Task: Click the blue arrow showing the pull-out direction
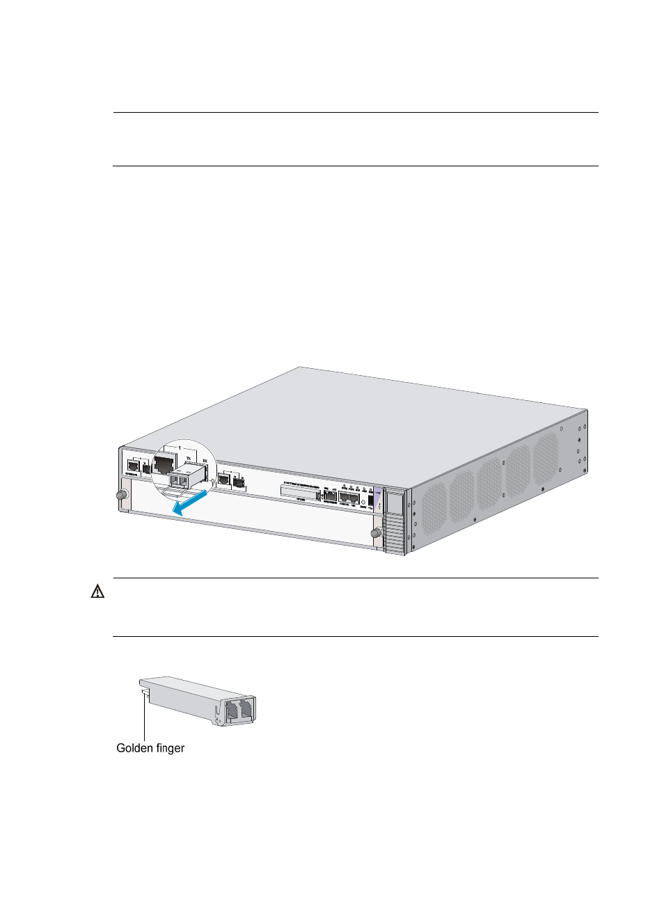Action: click(x=189, y=503)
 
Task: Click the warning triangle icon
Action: click(x=98, y=592)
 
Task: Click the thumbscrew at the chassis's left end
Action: click(x=121, y=495)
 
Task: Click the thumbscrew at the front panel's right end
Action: click(x=377, y=533)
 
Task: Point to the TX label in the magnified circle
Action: click(x=188, y=459)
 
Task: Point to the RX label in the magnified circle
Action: click(x=205, y=461)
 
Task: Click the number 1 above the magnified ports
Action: click(x=180, y=448)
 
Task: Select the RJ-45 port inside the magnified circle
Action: click(x=164, y=464)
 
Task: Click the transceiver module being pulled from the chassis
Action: click(x=186, y=478)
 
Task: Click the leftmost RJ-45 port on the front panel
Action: click(x=133, y=466)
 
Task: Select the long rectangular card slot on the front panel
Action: click(x=299, y=491)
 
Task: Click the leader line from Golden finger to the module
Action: click(x=145, y=717)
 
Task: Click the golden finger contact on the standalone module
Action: click(x=144, y=692)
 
